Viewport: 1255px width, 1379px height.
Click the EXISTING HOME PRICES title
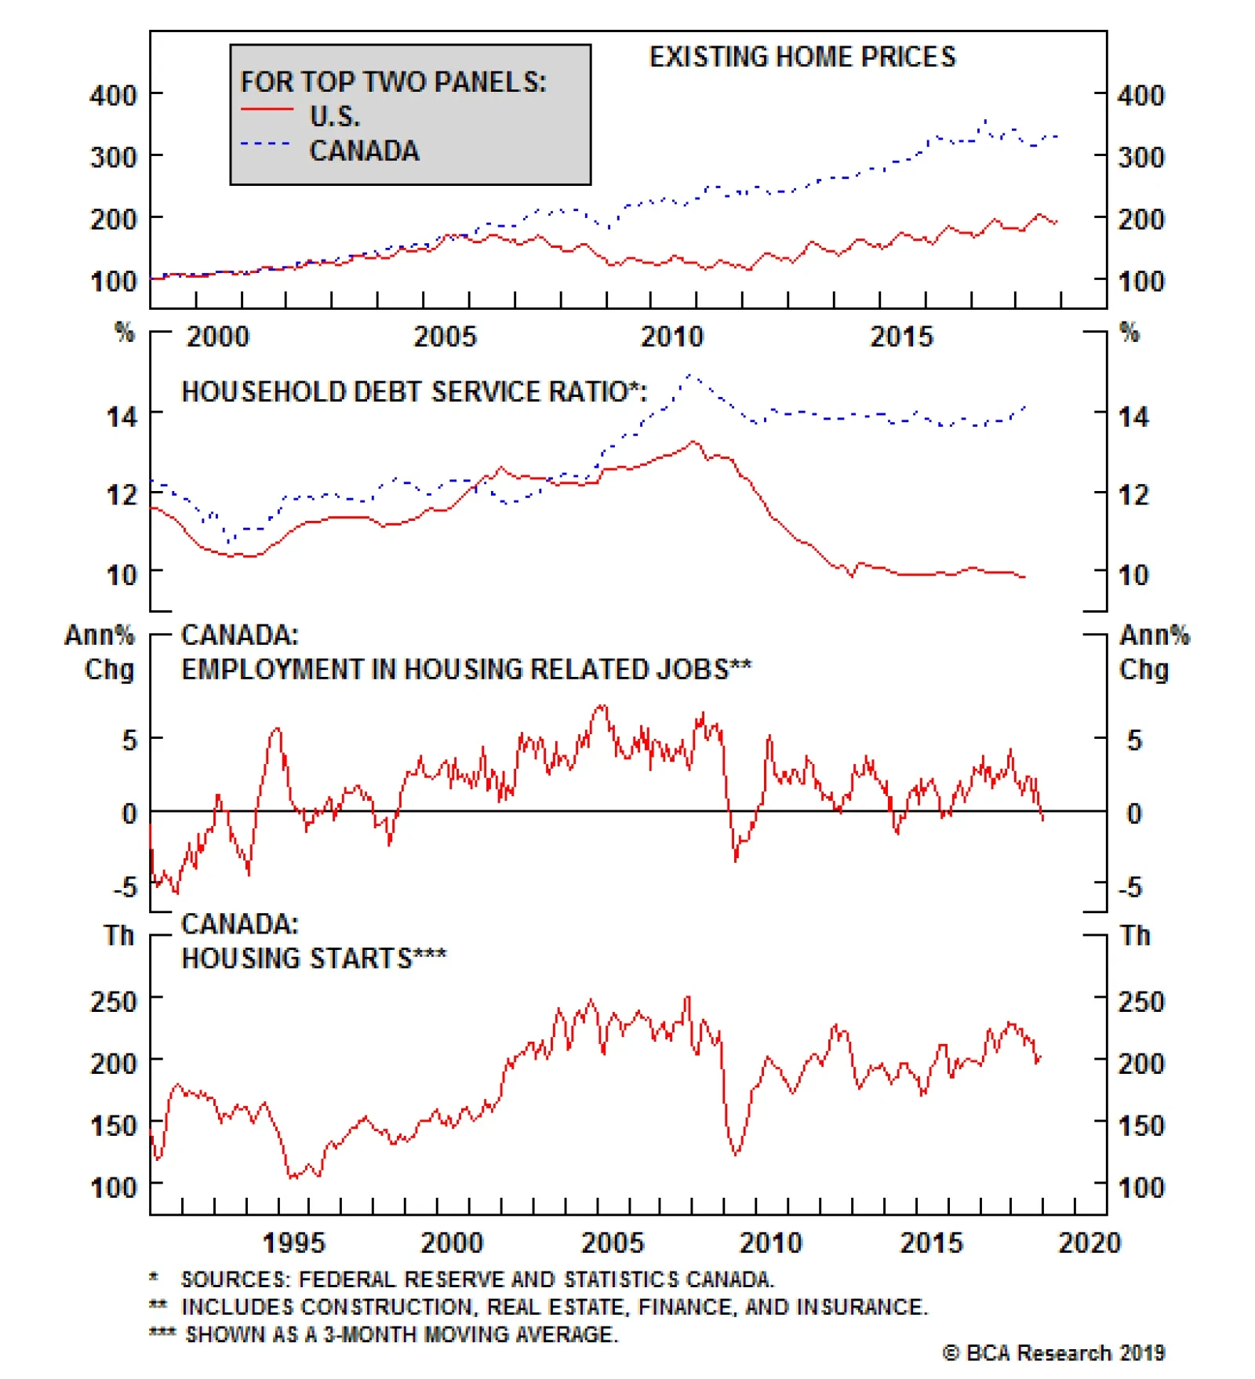tap(802, 56)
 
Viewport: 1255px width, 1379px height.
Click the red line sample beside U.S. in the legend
tap(267, 109)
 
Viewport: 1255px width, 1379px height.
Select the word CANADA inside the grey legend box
tap(364, 150)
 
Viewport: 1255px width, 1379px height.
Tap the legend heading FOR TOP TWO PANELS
tap(392, 82)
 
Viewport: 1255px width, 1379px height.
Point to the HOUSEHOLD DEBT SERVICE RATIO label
tap(413, 391)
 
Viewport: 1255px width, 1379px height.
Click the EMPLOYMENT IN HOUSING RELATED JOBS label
tap(466, 669)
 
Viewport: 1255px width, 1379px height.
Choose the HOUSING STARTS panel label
tap(314, 958)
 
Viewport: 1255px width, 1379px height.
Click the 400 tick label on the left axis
tap(113, 96)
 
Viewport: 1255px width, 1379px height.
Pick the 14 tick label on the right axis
tap(1133, 417)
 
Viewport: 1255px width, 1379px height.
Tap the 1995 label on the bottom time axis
tap(293, 1243)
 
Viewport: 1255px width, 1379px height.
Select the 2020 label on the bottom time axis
tap(1089, 1243)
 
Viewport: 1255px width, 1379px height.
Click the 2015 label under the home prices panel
tap(901, 337)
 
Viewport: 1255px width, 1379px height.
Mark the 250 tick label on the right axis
tap(1140, 1002)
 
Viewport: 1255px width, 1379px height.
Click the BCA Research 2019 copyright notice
tap(1053, 1353)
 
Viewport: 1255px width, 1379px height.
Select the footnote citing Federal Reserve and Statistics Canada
tap(477, 1279)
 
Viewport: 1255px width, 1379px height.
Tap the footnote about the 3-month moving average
tap(401, 1334)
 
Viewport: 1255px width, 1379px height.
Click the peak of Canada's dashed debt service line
tap(691, 376)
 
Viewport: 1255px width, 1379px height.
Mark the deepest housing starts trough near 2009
tap(736, 1154)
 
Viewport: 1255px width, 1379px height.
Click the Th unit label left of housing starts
tap(119, 935)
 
